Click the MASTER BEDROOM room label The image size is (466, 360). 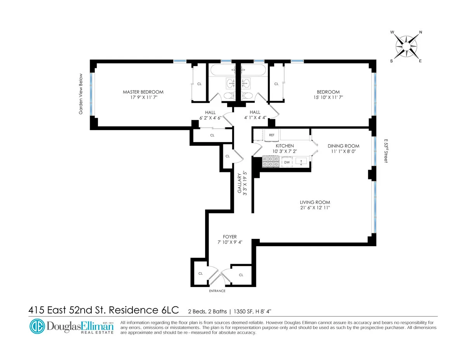pos(143,92)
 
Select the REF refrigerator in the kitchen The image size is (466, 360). pos(272,135)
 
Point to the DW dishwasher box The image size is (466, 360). pos(287,162)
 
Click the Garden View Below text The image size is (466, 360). pos(81,94)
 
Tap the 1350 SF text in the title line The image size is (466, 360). pos(243,311)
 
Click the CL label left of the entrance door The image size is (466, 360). pos(200,273)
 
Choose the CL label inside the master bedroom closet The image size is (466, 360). pos(199,84)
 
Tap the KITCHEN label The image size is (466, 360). pos(285,146)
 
